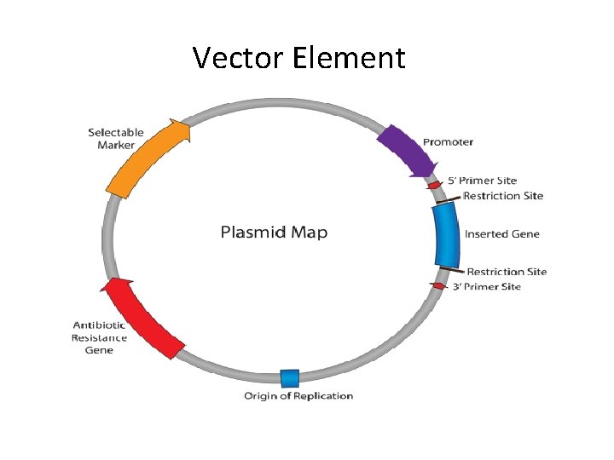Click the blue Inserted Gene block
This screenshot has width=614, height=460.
(446, 235)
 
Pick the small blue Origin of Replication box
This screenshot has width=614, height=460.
(290, 378)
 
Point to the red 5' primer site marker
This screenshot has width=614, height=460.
(434, 185)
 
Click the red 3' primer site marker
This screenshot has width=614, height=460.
(437, 286)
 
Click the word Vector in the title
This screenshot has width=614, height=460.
(238, 58)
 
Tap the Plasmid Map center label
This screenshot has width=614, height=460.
(274, 232)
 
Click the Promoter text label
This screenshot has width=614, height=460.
(448, 141)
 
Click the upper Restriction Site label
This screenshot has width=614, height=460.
(503, 196)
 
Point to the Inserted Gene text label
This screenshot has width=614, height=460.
(501, 234)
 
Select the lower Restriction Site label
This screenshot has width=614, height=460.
(507, 272)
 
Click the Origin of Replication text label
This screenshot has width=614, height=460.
(298, 395)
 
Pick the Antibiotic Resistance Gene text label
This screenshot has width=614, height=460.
(99, 337)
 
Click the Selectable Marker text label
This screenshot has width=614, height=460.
(116, 139)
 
